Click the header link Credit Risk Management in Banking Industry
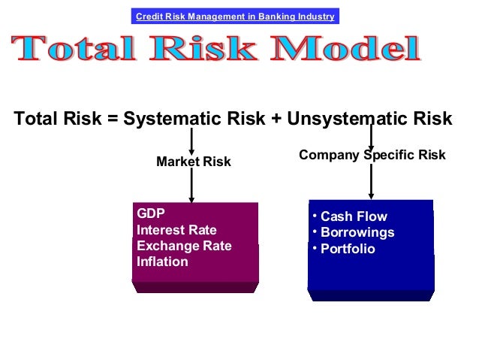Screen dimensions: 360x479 [x=234, y=17]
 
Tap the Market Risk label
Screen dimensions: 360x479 [x=193, y=162]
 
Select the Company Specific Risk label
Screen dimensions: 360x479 [x=372, y=156]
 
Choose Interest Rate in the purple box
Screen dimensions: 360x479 [x=176, y=229]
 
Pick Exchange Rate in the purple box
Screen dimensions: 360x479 [x=184, y=246]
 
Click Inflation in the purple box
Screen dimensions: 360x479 [x=162, y=262]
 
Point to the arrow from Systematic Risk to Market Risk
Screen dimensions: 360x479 [x=191, y=141]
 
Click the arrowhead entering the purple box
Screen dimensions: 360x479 [x=191, y=199]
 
